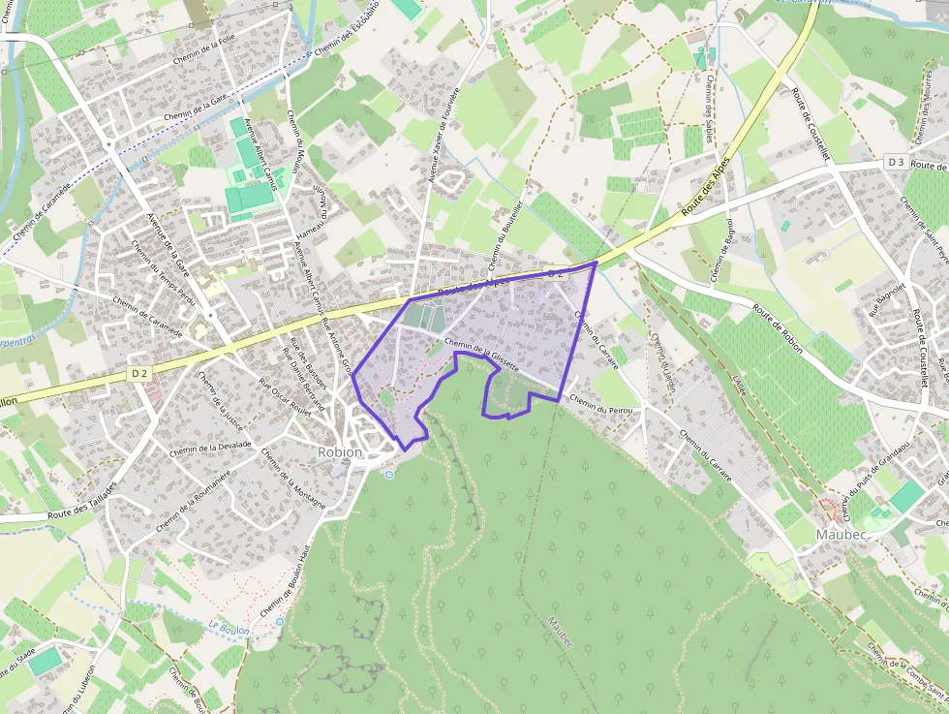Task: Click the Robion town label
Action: point(339,452)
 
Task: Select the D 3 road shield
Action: point(896,162)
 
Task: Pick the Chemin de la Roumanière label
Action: point(194,500)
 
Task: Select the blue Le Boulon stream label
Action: point(229,629)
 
